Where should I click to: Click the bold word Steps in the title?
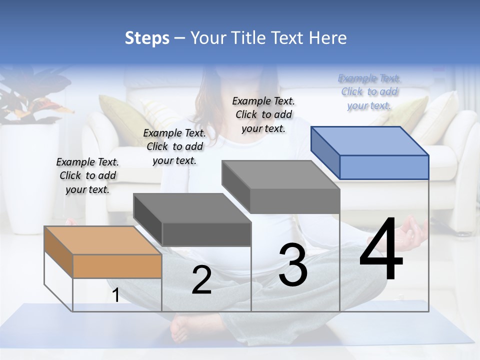pos(147,38)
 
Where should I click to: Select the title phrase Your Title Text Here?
pos(268,38)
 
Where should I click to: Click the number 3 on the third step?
pos(293,264)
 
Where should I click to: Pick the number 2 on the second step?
pos(201,279)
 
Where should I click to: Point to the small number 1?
pos(116,295)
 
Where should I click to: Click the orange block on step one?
pos(103,252)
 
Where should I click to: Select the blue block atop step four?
pos(370,152)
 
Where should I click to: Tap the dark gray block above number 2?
pos(192,220)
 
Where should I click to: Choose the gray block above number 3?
pos(281,187)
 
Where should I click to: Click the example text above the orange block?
pos(87,175)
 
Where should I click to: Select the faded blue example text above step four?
pos(369,91)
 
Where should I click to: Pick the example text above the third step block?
pos(263,114)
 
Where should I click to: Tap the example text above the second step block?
pos(174,146)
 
